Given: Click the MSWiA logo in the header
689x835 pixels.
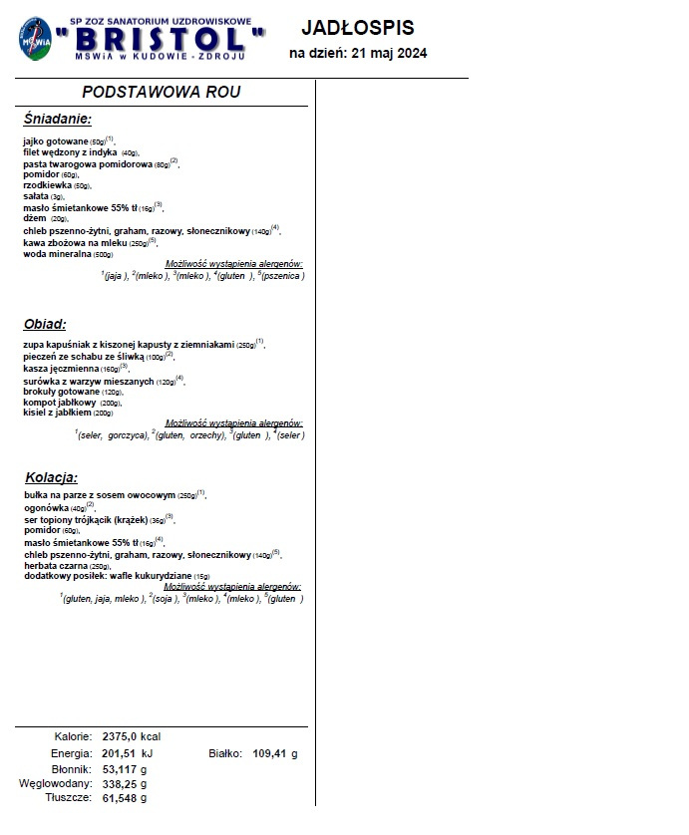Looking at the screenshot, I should pos(37,40).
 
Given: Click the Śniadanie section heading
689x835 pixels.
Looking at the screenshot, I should pos(57,119).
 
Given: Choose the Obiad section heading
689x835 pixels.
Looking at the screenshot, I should pos(45,324).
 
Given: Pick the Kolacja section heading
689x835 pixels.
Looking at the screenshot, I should pos(50,477).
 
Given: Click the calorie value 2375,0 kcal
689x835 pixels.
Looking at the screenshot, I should pos(132,737).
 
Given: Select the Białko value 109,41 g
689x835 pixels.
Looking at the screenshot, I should pos(275,753).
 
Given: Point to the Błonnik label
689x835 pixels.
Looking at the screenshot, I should pos(71,769).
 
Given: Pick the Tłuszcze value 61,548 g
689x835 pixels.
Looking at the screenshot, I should pos(125,798).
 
